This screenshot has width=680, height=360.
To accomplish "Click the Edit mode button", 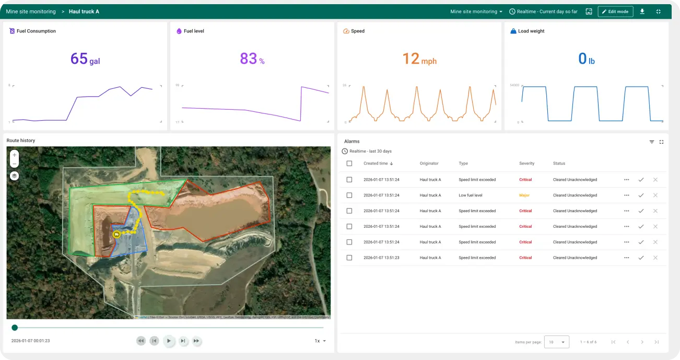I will point(615,11).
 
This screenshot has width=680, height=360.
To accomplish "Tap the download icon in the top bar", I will point(642,11).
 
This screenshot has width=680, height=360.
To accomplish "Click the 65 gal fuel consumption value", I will point(85,59).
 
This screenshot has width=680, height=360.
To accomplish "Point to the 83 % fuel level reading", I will point(252,59).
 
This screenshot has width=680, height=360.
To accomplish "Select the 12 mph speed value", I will point(419,59).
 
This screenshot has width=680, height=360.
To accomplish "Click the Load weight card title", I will point(531,31).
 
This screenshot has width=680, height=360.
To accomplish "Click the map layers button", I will point(15,176).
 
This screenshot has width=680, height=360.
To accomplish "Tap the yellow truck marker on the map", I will point(117,235).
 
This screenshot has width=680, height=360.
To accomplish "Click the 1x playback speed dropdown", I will point(320,341).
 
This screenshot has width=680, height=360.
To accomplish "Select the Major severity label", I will point(524,195).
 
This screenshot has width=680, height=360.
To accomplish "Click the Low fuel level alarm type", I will point(470,195).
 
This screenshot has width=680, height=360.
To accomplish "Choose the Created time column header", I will point(376,164).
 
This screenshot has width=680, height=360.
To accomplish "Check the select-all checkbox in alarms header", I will point(349,164).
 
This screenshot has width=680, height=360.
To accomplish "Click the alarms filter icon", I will point(652,142).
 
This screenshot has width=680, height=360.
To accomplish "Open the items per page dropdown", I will point(556,342).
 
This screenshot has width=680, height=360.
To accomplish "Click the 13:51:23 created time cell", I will point(381,258).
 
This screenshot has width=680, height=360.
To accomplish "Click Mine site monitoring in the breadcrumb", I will point(31,11).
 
